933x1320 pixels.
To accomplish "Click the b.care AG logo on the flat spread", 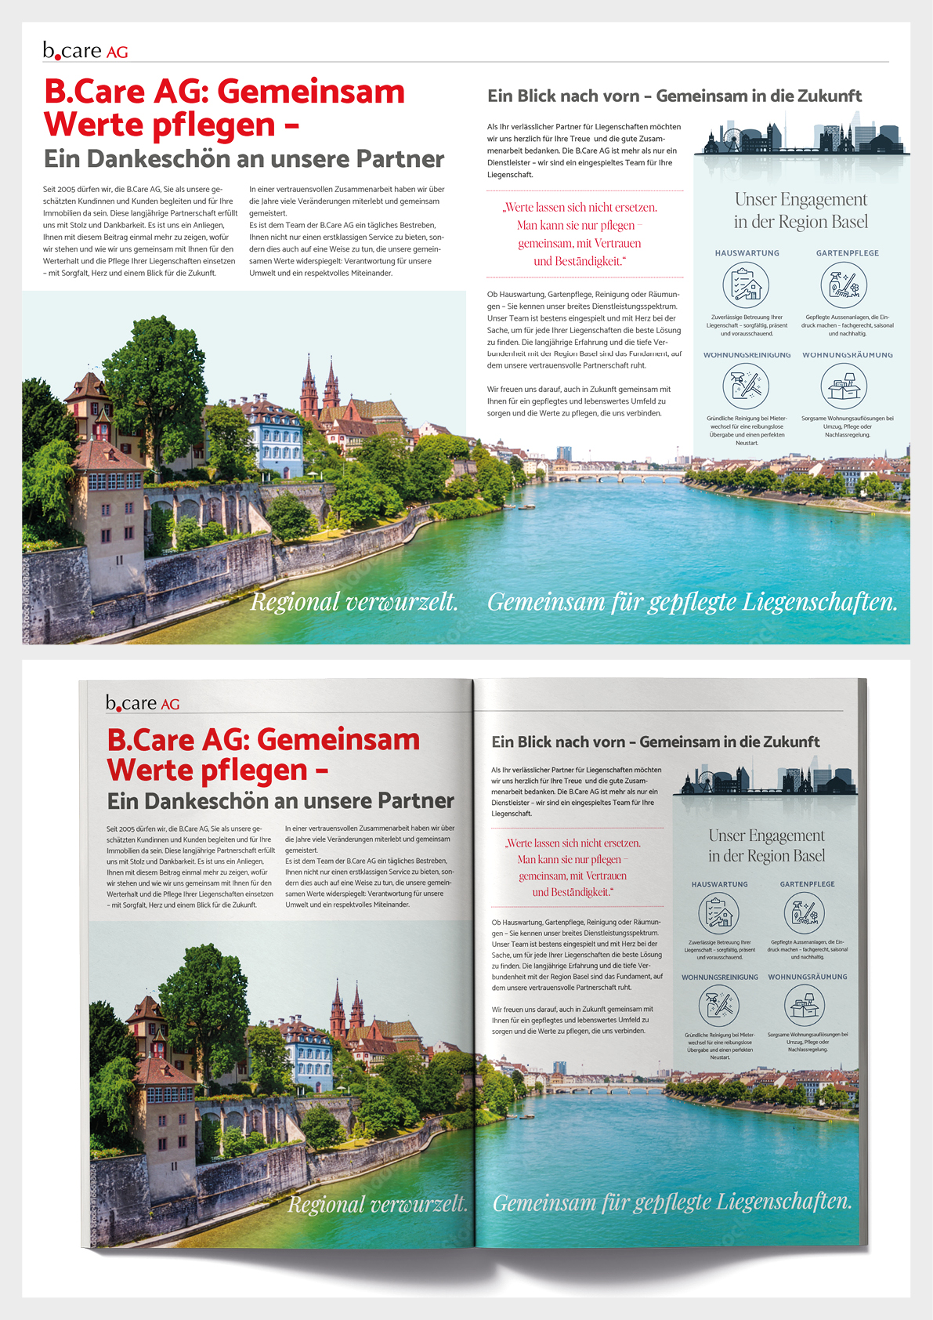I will pyautogui.click(x=85, y=51).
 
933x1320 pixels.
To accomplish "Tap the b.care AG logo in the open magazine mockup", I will pyautogui.click(x=143, y=703).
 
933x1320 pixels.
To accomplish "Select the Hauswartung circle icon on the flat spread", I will pyautogui.click(x=746, y=285).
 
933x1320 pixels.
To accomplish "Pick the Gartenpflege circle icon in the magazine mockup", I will pyautogui.click(x=804, y=913).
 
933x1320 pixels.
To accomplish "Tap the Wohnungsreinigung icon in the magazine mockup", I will pyautogui.click(x=718, y=1005).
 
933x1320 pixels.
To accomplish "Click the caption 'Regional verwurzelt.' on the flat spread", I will pyautogui.click(x=354, y=602).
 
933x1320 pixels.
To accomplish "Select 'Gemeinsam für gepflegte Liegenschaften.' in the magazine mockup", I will pyautogui.click(x=672, y=1202).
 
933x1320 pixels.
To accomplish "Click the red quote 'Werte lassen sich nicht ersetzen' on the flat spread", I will pyautogui.click(x=580, y=208).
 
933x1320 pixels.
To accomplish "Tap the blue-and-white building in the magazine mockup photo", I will pyautogui.click(x=313, y=1054).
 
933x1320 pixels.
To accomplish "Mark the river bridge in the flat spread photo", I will pyautogui.click(x=619, y=476).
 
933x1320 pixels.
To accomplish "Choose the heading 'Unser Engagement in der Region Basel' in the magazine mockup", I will pyautogui.click(x=766, y=846).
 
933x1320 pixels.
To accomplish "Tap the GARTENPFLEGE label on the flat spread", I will pyautogui.click(x=847, y=253).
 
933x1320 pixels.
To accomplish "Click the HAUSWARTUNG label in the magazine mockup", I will pyautogui.click(x=719, y=884).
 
